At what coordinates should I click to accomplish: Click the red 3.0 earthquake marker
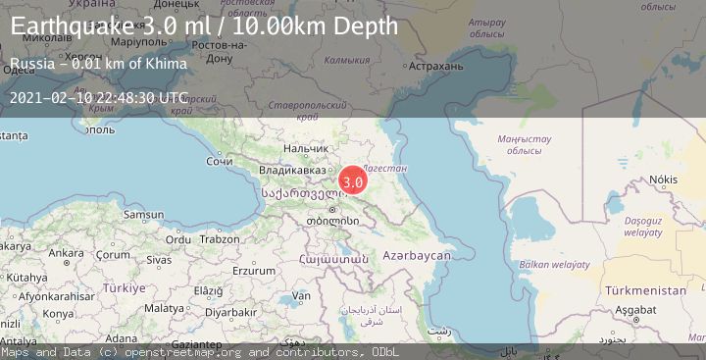click(x=353, y=181)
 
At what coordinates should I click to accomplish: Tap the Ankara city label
click(x=67, y=253)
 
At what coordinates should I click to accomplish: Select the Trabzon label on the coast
click(x=219, y=239)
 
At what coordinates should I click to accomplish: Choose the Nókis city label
click(x=663, y=180)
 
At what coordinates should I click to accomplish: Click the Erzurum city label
click(x=254, y=271)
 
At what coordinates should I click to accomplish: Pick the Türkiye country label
click(x=125, y=288)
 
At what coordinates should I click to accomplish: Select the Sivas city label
click(x=159, y=260)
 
